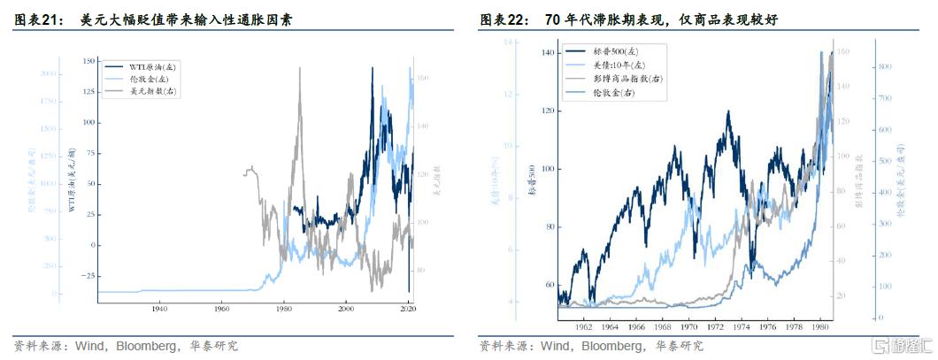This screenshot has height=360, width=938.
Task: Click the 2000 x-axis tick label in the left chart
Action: pos(346,308)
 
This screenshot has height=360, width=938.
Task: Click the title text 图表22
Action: pos(501,19)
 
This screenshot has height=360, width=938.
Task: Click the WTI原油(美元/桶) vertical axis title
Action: pos(74,181)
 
